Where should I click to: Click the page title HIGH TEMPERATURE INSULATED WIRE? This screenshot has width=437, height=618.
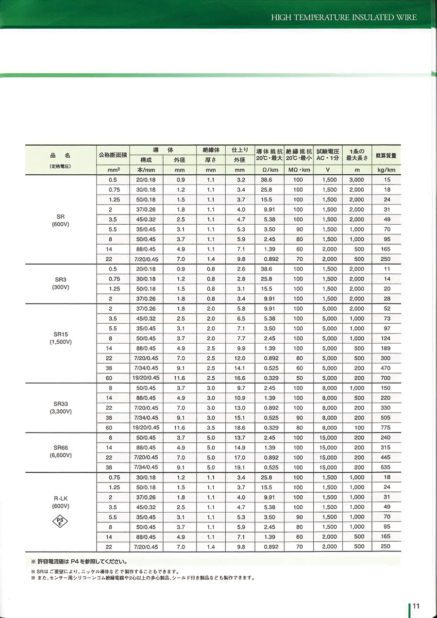pos(344,17)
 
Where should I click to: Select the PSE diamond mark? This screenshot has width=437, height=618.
pos(60,521)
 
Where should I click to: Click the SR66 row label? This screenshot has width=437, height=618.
pos(61,447)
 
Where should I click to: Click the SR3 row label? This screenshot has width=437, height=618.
pos(61,279)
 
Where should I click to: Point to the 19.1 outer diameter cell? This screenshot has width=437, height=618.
pos(239,467)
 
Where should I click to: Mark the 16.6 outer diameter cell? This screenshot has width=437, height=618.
pos(239,378)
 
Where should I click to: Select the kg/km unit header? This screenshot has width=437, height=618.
pos(387,170)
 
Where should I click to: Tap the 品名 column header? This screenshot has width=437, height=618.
pos(61,155)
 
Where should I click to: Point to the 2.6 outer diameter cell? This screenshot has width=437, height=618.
pos(239,269)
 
